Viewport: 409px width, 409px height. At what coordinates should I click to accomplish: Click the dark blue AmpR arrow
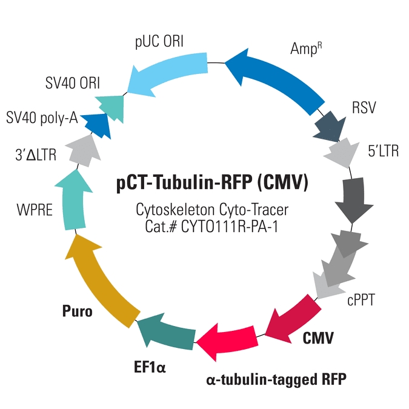click(276, 78)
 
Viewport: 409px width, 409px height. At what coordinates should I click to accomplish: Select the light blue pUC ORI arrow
click(167, 71)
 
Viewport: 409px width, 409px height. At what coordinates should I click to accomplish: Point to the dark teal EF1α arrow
click(167, 333)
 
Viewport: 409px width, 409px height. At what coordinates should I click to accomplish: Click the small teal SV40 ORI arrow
click(111, 107)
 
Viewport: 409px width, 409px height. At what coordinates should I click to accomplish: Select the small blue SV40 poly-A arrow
click(97, 125)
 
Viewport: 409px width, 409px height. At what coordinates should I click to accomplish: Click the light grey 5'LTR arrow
click(341, 153)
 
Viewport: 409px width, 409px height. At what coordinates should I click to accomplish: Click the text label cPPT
click(361, 300)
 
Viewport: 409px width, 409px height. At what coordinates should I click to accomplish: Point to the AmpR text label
click(306, 48)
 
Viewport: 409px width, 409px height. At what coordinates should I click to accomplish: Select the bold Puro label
click(77, 311)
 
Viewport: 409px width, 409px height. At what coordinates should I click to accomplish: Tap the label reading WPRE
click(35, 210)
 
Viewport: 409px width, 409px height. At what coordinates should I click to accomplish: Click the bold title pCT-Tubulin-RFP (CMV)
click(212, 182)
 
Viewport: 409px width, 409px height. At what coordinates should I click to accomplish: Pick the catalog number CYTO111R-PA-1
click(230, 226)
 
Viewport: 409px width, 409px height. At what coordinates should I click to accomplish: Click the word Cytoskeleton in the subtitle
click(175, 210)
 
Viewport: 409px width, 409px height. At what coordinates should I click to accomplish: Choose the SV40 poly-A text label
click(42, 118)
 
